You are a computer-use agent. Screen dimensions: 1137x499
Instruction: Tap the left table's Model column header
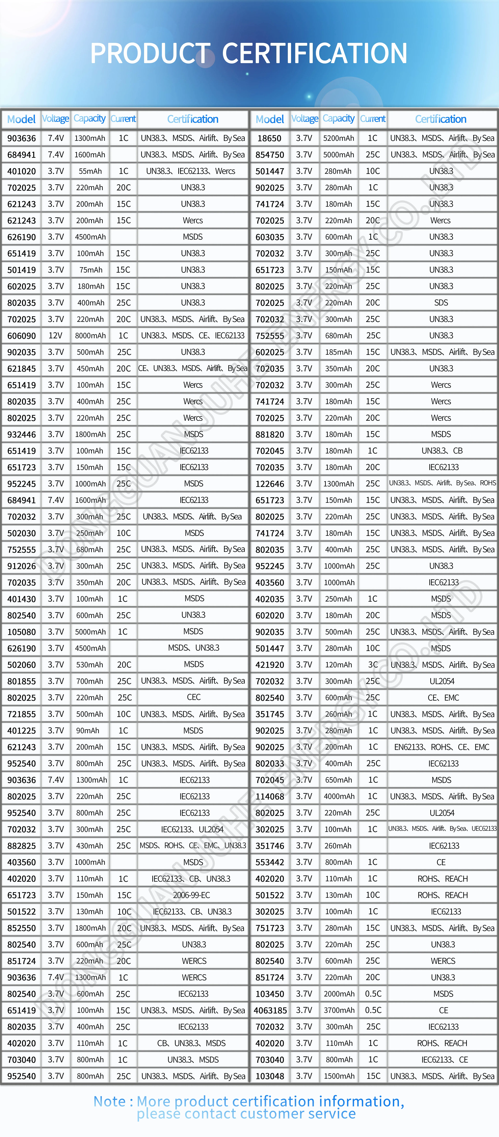21,119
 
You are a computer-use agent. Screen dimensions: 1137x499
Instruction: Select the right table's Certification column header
440,119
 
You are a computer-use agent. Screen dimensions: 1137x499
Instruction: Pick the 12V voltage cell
56,335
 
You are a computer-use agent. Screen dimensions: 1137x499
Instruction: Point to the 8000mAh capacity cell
90,335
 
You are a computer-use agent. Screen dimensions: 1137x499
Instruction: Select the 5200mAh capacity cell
338,138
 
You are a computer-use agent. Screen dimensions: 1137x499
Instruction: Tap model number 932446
22,434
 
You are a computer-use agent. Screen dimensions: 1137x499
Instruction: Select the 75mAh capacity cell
91,270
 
